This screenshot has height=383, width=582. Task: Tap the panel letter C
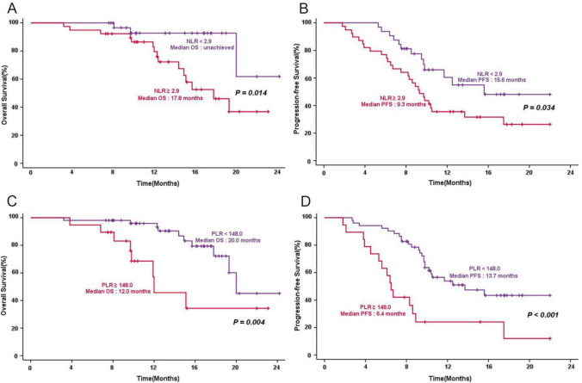(8, 201)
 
